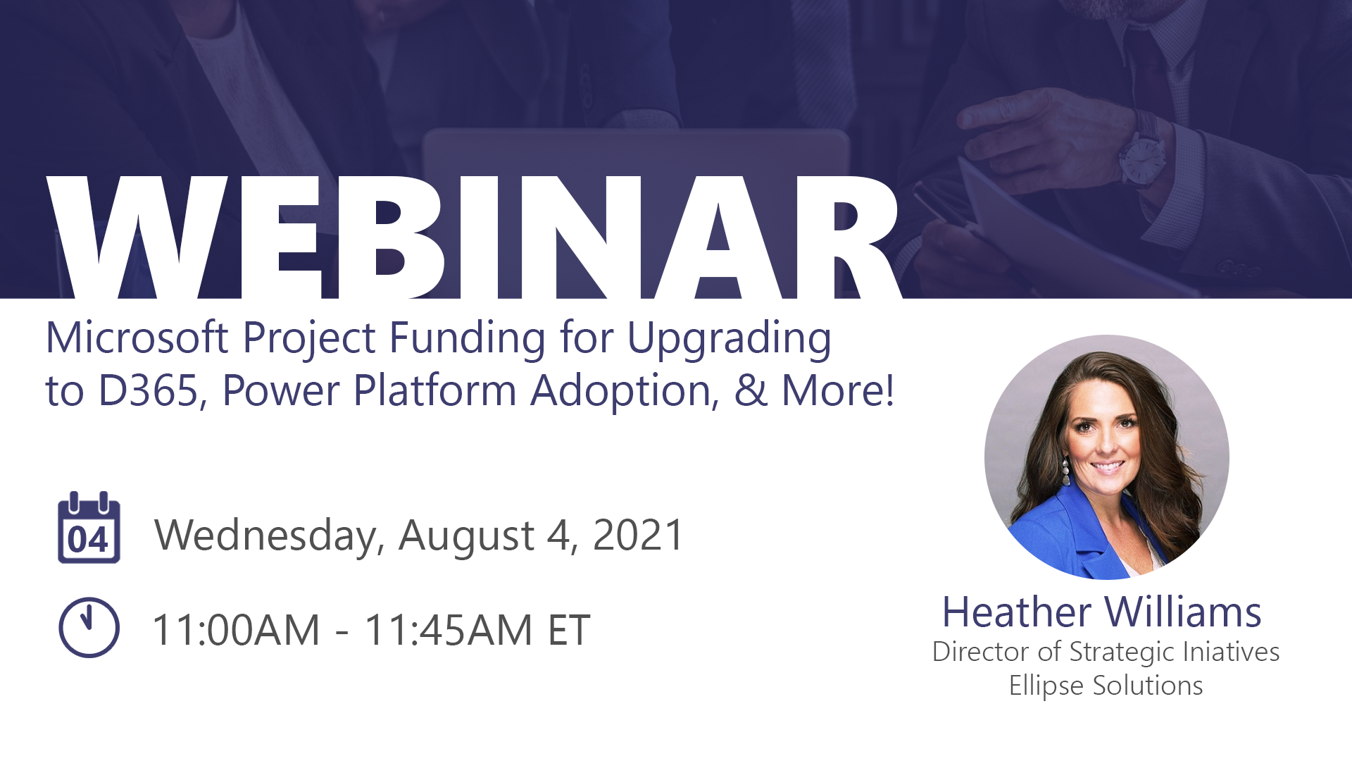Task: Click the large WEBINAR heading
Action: (x=474, y=237)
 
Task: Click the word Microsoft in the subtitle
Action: (x=137, y=338)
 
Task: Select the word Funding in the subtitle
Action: (x=467, y=338)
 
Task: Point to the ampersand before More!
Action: (x=751, y=391)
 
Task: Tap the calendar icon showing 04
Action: (x=89, y=528)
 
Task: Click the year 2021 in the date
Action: (x=638, y=535)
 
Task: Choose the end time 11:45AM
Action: (x=449, y=629)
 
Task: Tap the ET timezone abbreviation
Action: (x=569, y=629)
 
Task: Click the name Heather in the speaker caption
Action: (x=1017, y=612)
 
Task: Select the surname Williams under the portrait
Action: (x=1182, y=612)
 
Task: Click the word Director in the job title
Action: (x=981, y=652)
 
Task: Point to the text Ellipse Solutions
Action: (x=1106, y=686)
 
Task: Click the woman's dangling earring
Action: (x=1065, y=470)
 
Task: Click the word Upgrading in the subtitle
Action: (x=729, y=339)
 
